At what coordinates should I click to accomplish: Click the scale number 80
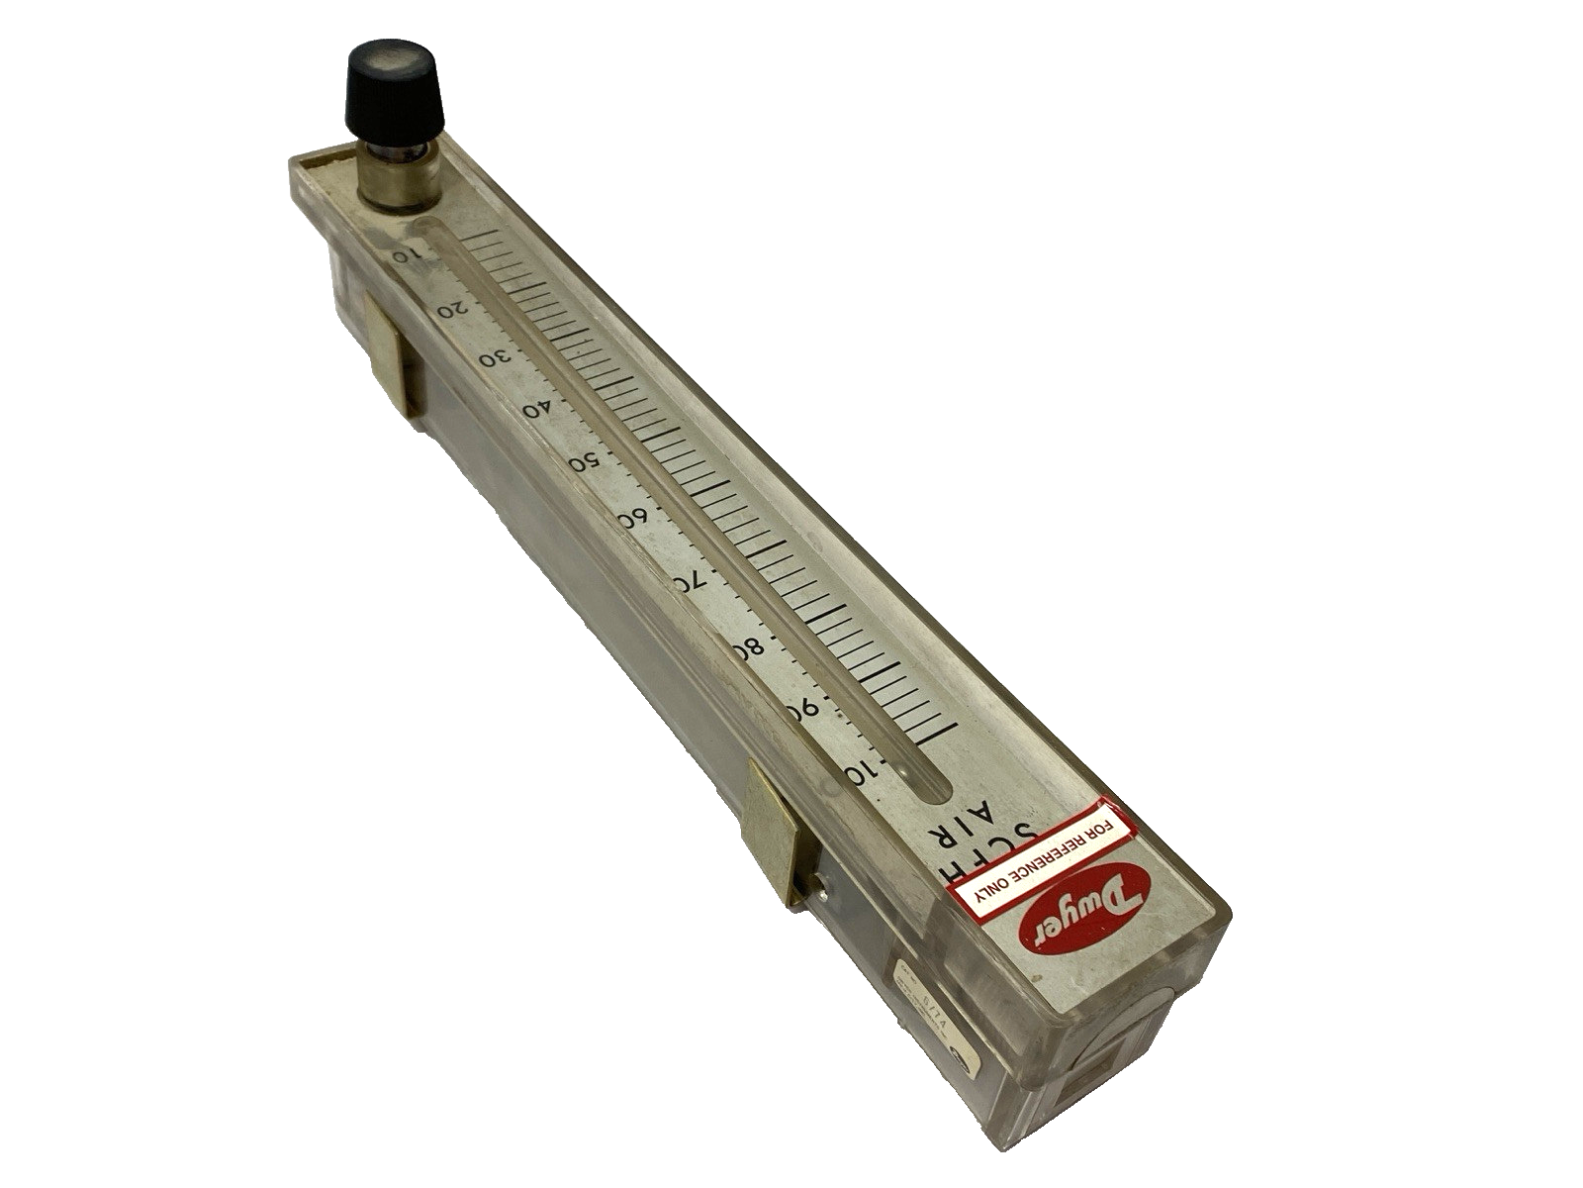[749, 648]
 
